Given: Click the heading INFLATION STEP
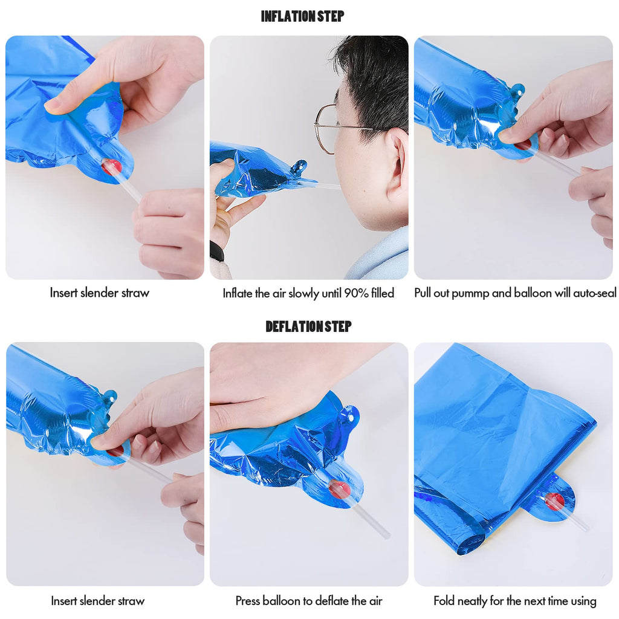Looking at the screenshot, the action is point(302,16).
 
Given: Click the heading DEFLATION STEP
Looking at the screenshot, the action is point(308,326).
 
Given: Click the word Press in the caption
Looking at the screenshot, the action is point(247,601).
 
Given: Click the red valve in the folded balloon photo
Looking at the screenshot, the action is point(554,501).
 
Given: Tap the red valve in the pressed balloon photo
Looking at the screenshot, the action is point(339,489).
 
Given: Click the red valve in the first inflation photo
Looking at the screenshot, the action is point(112,167).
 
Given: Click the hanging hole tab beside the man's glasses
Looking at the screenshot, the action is point(299,167).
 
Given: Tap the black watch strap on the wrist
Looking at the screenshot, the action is point(217,251).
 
